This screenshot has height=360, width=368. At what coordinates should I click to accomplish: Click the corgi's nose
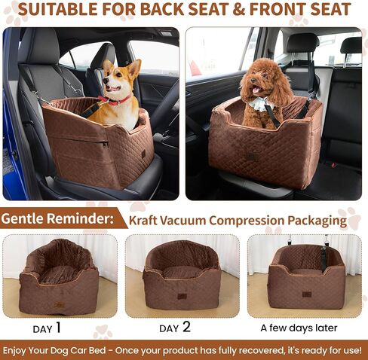point(104,81)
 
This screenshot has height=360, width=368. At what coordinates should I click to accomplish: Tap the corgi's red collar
point(115,100)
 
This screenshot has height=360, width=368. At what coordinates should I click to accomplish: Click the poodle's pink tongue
point(256,90)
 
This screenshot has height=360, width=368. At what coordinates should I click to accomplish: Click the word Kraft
point(143,220)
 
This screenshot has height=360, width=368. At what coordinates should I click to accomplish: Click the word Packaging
point(317,221)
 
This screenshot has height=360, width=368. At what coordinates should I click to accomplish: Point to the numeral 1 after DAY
point(58,328)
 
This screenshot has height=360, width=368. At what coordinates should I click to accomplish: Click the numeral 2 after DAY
point(186,327)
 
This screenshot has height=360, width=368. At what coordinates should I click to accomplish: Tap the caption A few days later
point(299,328)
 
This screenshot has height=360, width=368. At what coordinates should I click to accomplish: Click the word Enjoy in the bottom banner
point(14,350)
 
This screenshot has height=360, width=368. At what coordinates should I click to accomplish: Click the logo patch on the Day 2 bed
point(182,296)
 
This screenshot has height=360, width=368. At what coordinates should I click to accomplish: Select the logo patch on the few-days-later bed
point(307,294)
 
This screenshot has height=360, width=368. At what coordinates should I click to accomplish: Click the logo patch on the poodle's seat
point(252,157)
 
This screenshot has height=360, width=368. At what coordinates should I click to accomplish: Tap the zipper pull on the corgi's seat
point(106,144)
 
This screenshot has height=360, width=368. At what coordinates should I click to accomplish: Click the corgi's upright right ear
point(134,67)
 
